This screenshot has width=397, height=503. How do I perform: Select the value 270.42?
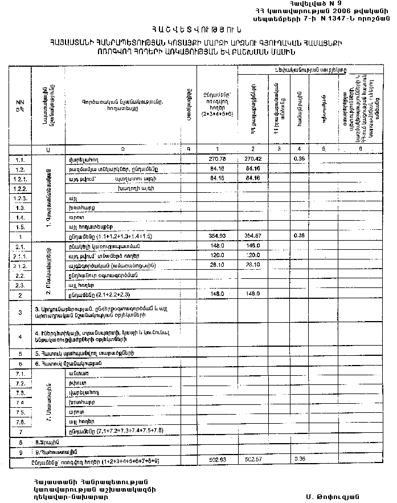tap(252, 159)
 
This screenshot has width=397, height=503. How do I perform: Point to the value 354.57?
tap(252, 236)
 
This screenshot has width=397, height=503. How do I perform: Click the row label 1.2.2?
tap(20, 188)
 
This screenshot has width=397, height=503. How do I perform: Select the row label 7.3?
tap(20, 394)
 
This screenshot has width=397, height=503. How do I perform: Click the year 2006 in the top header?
tap(323, 10)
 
